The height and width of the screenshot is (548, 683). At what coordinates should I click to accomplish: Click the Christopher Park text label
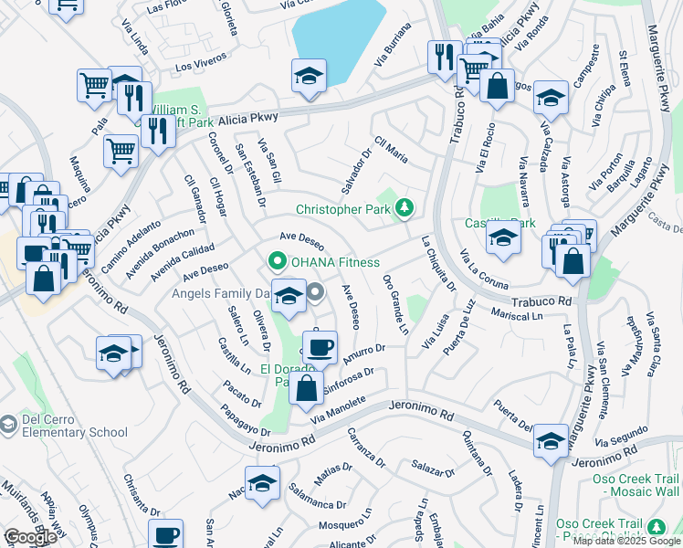[341, 209]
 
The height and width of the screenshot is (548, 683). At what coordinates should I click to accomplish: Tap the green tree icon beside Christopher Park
[403, 209]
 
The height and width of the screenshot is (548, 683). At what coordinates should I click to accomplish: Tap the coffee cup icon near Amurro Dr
[320, 348]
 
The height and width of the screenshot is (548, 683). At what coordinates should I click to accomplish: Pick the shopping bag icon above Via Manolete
[307, 386]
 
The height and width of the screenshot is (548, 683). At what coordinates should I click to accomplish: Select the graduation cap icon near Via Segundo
[552, 441]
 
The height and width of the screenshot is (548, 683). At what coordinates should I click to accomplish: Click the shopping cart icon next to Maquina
[121, 152]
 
